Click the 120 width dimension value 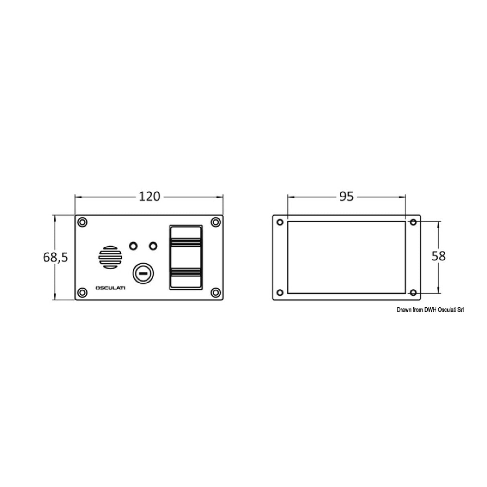point(150,197)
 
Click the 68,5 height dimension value point(56,257)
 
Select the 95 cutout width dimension point(346,197)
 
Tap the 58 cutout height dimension point(438,256)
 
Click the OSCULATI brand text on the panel point(110,288)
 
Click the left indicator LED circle point(133,246)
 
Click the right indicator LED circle point(153,246)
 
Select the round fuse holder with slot point(143,274)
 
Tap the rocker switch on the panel point(186,257)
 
